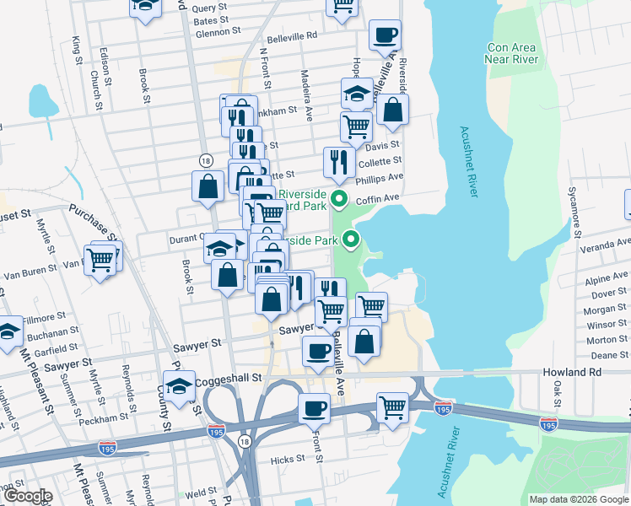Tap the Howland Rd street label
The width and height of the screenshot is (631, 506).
coord(574,371)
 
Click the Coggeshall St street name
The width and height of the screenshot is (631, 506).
coord(229,381)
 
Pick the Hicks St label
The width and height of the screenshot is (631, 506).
coord(288,460)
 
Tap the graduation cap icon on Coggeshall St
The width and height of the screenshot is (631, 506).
coord(179,387)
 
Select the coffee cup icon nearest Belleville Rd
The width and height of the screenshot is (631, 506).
coord(385,35)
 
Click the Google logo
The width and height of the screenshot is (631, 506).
coord(27,496)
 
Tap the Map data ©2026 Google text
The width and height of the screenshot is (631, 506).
coord(578,499)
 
